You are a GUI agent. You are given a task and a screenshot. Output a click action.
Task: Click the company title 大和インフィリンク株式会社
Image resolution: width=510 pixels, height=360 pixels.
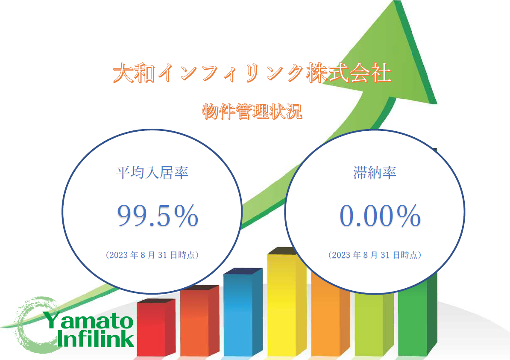[252, 73]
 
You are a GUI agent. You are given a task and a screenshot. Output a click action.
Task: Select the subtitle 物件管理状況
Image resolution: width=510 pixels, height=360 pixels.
[252, 111]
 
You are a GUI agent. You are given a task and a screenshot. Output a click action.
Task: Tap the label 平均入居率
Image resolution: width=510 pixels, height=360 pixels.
[152, 172]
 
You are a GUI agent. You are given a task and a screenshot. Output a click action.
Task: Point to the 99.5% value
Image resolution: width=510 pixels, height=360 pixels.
[158, 215]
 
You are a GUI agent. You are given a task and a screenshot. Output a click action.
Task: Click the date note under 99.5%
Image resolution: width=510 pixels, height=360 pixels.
[152, 255]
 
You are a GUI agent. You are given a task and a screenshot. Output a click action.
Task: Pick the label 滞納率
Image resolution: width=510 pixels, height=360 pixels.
[375, 172]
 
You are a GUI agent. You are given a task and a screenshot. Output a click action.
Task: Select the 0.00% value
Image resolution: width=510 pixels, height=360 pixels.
[380, 215]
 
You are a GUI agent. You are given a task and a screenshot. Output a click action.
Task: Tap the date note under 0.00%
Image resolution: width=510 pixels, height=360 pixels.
[375, 255]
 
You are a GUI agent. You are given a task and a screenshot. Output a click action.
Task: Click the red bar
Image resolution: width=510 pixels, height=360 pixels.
[156, 328]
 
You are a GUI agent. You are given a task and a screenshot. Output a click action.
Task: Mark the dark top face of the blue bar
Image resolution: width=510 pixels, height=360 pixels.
[243, 271]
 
